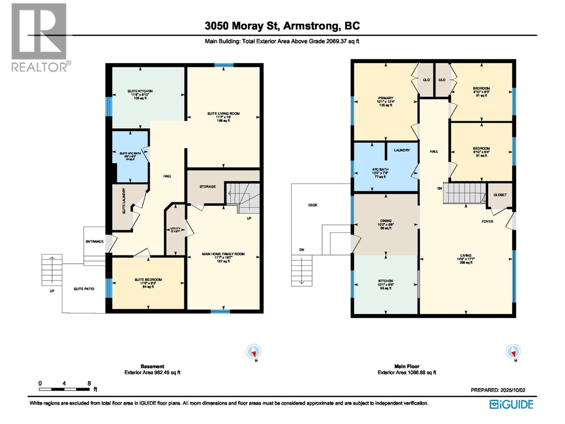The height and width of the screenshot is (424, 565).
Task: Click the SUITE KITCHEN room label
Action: [140, 92]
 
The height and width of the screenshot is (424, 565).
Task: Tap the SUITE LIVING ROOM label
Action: [223, 114]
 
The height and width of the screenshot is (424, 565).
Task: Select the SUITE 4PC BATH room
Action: [130, 156]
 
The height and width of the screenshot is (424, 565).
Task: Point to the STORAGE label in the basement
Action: [208, 187]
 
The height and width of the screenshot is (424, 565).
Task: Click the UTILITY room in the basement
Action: [176, 230]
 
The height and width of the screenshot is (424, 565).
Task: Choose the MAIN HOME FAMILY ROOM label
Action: [223, 254]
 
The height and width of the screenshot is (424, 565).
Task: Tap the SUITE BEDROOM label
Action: [148, 280]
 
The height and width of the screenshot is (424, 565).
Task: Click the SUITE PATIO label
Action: [84, 289]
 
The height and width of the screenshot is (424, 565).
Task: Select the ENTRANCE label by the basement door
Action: [95, 242]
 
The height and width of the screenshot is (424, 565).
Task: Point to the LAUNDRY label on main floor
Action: [402, 151]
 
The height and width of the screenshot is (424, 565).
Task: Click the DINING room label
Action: [386, 221]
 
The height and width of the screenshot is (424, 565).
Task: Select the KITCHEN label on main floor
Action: [386, 281]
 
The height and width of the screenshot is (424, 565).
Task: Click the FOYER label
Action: [487, 222]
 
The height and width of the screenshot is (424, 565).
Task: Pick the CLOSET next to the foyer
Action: [500, 195]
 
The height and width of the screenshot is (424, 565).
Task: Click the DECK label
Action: [313, 205]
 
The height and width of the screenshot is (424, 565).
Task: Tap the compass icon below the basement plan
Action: [254, 352]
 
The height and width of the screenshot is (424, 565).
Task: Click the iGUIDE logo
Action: [511, 404]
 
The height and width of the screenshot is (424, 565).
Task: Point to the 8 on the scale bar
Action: [89, 383]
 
